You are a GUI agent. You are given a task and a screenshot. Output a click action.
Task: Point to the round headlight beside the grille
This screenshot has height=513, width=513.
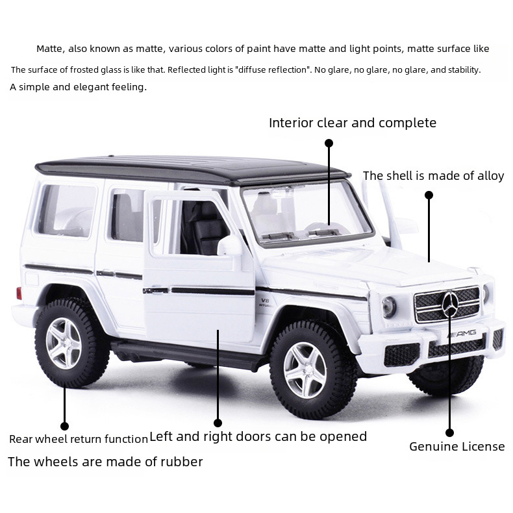tap(389, 306)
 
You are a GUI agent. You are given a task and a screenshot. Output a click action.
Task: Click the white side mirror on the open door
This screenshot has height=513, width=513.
tap(230, 245)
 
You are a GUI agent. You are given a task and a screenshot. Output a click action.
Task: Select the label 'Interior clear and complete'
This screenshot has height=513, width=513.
tap(353, 123)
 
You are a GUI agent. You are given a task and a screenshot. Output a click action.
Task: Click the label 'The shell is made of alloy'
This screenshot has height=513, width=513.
tap(433, 176)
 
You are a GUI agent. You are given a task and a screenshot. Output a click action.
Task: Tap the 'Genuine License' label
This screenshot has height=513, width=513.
tap(457, 446)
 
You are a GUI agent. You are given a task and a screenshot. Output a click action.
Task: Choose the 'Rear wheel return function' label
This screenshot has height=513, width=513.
tap(79, 439)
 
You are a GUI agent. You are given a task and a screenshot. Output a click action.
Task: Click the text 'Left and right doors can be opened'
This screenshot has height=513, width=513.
tap(258, 436)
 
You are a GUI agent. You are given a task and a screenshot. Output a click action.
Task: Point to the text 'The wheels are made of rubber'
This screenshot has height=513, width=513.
tap(105, 462)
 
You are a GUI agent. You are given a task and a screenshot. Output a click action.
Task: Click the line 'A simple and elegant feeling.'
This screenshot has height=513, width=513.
tap(78, 86)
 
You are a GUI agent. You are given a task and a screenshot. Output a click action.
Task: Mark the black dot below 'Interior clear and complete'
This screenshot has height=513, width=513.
tap(329, 143)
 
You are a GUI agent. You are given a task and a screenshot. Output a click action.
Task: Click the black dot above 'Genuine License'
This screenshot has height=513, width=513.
tap(449, 432)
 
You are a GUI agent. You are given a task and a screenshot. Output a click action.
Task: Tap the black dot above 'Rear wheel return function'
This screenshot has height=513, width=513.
tap(64, 426)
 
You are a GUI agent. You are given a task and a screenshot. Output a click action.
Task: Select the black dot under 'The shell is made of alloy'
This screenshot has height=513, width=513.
tap(429, 195)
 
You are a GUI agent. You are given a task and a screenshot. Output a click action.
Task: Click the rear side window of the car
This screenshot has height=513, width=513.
tap(68, 209)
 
